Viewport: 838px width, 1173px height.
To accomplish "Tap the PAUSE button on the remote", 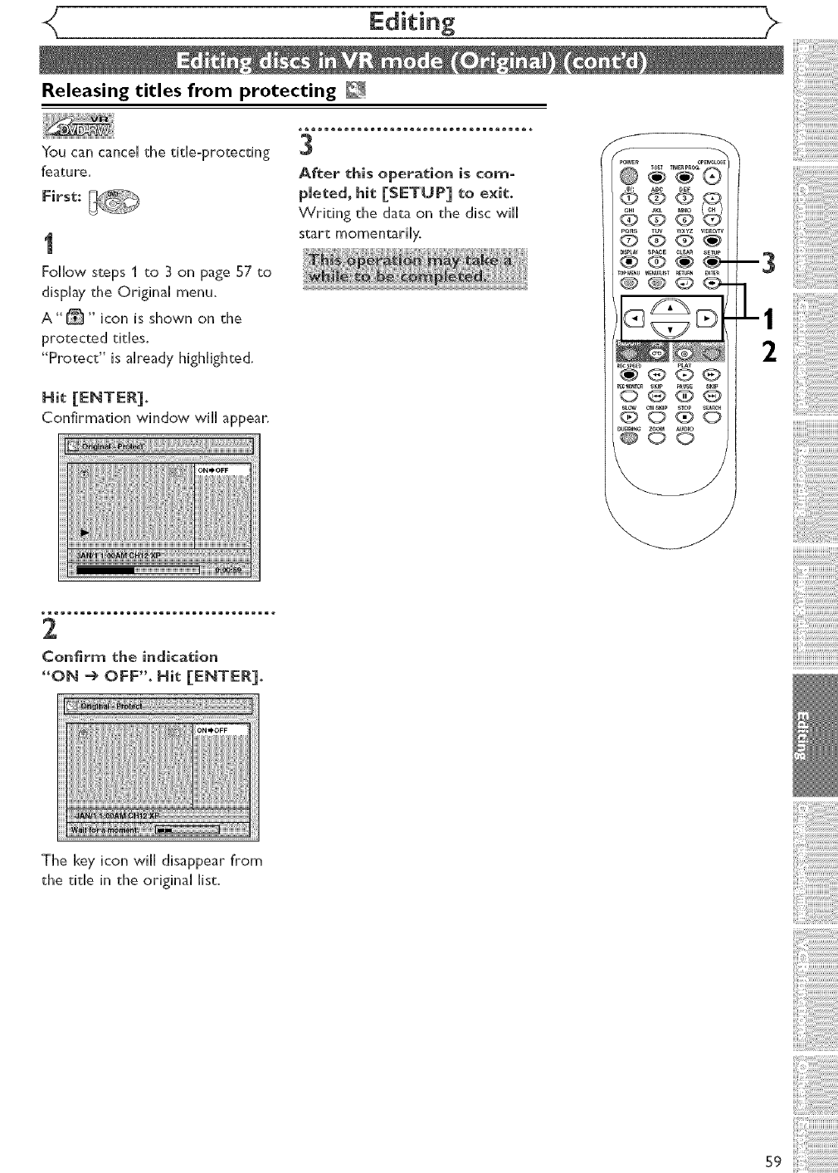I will pos(685,396).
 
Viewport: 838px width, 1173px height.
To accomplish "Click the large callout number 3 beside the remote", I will pos(767,264).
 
